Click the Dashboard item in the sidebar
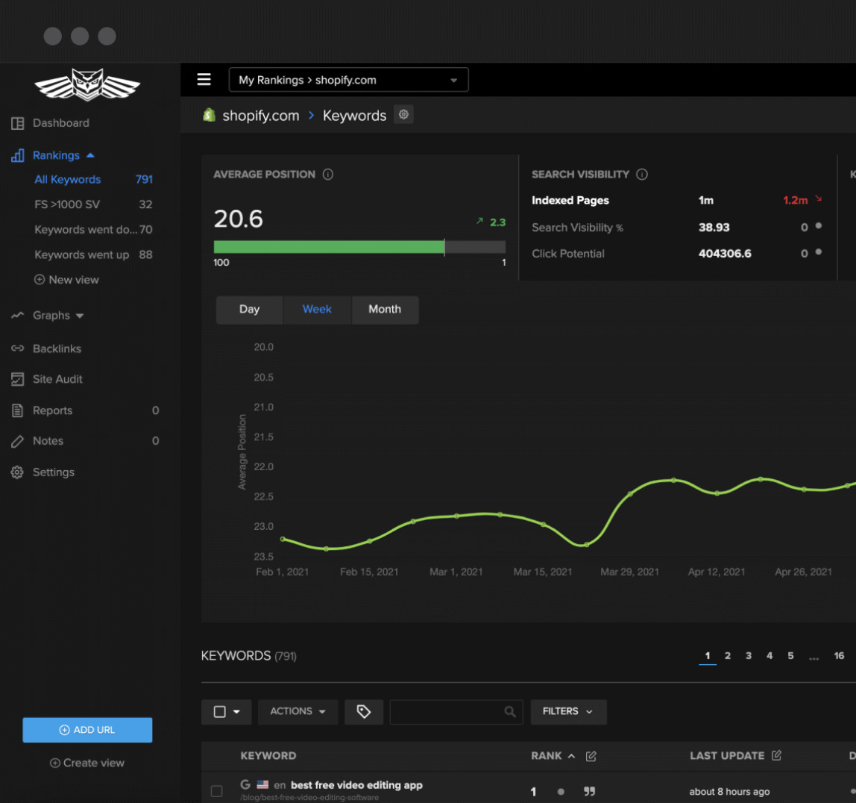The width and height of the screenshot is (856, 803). (x=60, y=123)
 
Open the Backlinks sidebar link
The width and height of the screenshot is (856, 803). (x=57, y=349)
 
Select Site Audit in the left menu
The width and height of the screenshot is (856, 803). (x=57, y=379)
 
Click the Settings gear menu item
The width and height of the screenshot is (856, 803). (x=53, y=472)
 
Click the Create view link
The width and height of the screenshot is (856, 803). (x=87, y=763)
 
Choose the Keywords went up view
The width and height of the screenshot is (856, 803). (x=82, y=254)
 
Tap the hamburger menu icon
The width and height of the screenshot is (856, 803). (x=204, y=80)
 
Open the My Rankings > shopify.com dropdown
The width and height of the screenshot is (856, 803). (x=348, y=80)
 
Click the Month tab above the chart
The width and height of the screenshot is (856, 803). (x=385, y=310)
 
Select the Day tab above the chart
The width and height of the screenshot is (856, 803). (x=249, y=310)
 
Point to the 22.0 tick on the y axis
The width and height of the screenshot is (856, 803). (x=263, y=467)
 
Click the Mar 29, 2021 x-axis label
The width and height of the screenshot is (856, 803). (x=629, y=572)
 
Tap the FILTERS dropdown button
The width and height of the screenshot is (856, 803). (x=568, y=712)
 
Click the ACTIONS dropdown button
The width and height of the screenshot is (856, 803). (x=298, y=712)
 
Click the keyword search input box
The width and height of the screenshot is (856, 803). (x=447, y=712)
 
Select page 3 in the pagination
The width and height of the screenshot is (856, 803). (x=748, y=656)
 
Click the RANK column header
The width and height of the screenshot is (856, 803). (x=547, y=756)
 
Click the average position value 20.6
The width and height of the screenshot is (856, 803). (x=238, y=219)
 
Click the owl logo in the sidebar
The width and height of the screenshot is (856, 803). (x=87, y=84)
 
